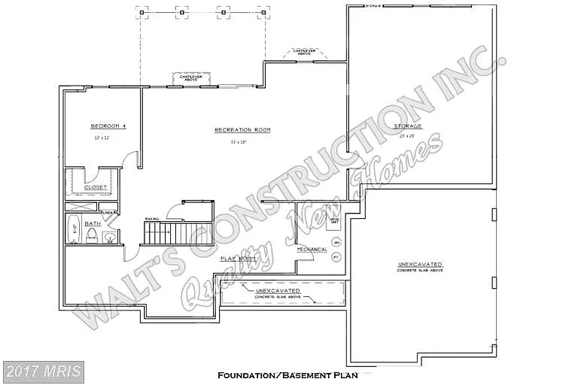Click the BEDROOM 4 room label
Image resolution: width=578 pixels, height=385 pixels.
point(108,126)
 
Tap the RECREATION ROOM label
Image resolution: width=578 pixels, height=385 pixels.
point(242,130)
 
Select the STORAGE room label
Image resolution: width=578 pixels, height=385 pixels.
point(409,126)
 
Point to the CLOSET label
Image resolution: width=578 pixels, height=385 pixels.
point(95,187)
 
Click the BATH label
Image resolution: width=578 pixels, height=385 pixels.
point(93,223)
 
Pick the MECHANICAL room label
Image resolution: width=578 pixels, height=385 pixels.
point(312,249)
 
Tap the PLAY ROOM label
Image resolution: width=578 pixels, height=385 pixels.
point(239,258)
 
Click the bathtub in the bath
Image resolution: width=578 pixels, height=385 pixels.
point(74,230)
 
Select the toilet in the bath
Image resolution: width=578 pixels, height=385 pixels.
point(91,238)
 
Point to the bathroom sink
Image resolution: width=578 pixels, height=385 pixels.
point(110,238)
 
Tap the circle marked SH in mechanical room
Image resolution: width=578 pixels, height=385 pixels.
point(336,242)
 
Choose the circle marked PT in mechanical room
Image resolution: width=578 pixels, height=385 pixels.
point(336,257)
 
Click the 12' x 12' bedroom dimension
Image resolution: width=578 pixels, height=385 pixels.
point(102,139)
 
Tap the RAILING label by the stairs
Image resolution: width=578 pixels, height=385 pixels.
point(151,220)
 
